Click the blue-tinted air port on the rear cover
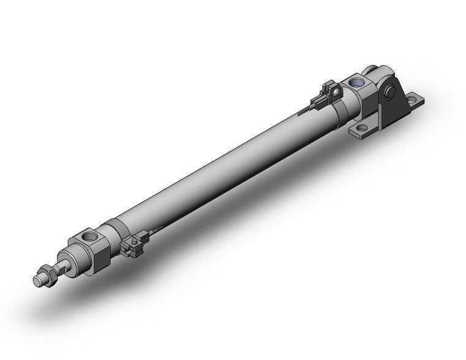(356, 82)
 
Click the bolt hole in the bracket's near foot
(362, 128)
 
